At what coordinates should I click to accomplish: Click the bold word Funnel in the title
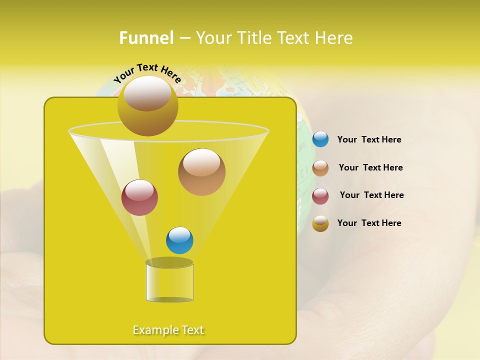[146, 38]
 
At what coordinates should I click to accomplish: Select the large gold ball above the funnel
[147, 106]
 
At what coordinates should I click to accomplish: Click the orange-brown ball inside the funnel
[201, 172]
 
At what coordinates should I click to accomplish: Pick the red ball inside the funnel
[139, 197]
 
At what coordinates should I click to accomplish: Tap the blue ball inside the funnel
[179, 240]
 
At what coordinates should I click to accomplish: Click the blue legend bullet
[320, 139]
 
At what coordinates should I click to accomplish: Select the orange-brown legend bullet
[320, 168]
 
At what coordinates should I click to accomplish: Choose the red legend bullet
[320, 196]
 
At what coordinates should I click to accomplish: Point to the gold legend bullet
[320, 223]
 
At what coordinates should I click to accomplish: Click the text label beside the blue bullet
[369, 140]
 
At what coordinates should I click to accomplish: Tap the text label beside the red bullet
[371, 195]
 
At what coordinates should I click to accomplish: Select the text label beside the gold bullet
[369, 223]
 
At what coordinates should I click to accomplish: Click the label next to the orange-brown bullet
[370, 167]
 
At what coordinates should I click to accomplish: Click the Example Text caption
[168, 330]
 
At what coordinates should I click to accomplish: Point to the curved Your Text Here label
[147, 73]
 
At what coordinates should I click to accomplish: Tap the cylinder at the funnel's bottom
[169, 283]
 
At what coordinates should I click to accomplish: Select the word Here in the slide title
[334, 38]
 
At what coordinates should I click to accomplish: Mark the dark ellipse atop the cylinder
[169, 262]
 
